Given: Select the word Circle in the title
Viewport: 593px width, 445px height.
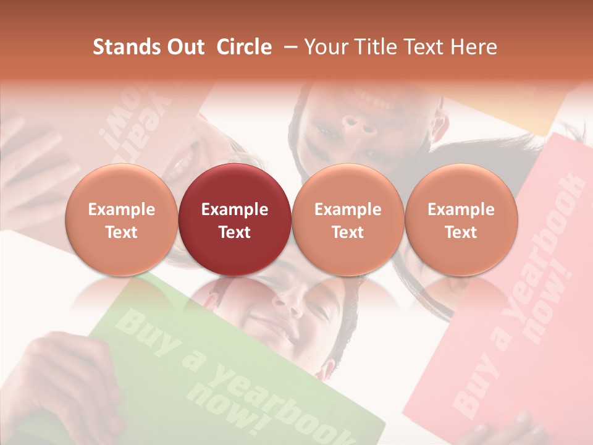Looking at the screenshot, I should click(244, 47).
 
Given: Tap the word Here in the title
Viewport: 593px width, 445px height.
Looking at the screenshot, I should click(474, 47).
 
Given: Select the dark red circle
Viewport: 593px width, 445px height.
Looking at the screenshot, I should click(235, 219).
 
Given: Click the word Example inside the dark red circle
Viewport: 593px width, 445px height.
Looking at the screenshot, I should click(235, 210).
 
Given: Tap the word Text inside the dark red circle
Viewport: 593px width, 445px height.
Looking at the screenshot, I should click(235, 232).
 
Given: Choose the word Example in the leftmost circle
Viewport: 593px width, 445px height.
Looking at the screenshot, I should click(122, 210).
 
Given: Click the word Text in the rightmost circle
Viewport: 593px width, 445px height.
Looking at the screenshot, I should click(461, 232).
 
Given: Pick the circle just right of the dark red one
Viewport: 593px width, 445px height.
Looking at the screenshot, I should click(348, 219).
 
